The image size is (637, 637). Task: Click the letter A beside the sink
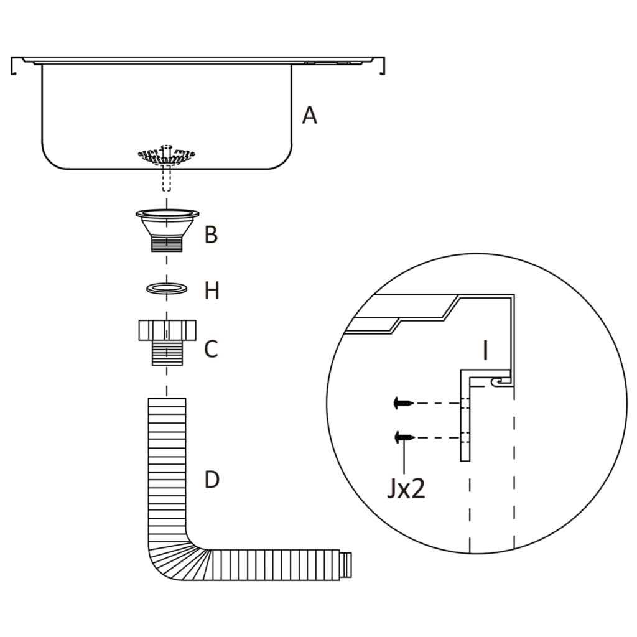point(309,115)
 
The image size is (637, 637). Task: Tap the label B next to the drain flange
point(212,235)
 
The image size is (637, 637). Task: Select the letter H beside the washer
point(212,291)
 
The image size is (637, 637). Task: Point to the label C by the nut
point(212,349)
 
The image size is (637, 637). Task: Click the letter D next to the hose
point(212,480)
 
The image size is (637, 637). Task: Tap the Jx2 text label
point(406,490)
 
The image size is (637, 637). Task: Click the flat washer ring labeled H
point(167,289)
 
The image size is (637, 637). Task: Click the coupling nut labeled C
point(167,342)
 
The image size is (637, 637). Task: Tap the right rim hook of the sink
point(383,67)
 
